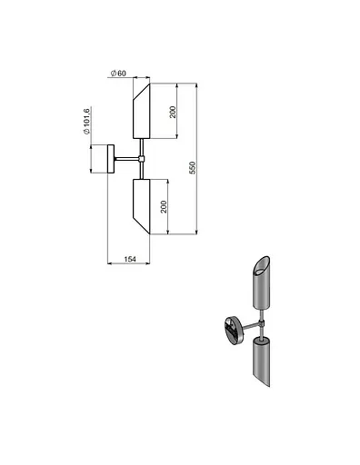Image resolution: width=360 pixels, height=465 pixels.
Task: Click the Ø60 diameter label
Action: (x=118, y=74)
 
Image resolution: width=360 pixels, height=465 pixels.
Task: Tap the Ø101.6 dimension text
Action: (x=86, y=121)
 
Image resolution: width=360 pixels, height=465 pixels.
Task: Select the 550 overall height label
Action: (x=193, y=168)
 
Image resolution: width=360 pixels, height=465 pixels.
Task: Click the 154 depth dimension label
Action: (x=130, y=259)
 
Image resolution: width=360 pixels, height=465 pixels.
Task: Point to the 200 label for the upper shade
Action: (x=173, y=113)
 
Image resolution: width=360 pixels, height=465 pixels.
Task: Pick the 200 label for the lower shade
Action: (x=164, y=207)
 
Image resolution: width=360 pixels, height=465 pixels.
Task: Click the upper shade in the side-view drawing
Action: (x=142, y=111)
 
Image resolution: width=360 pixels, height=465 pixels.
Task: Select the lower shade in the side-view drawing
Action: (x=142, y=206)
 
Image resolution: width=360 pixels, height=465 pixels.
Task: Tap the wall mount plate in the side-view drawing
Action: (x=111, y=159)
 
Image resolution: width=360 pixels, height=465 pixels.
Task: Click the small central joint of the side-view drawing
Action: (x=141, y=159)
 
